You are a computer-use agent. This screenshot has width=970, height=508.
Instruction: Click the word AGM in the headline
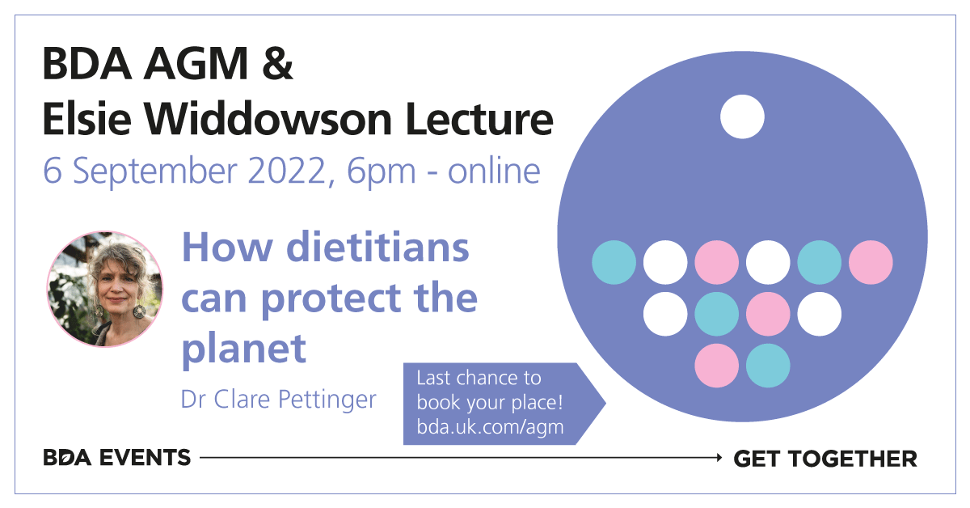pyautogui.click(x=196, y=64)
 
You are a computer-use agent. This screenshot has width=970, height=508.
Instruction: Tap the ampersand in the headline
pyautogui.click(x=277, y=64)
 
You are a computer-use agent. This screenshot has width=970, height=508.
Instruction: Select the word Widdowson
pyautogui.click(x=268, y=118)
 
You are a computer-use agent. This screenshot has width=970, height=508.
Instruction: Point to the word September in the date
pyautogui.click(x=155, y=171)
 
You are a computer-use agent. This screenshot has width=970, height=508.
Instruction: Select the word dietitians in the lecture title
pyautogui.click(x=377, y=247)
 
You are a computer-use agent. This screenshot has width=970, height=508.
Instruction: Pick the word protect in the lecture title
pyautogui.click(x=331, y=298)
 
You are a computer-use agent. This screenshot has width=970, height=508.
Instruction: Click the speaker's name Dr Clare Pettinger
pyautogui.click(x=278, y=400)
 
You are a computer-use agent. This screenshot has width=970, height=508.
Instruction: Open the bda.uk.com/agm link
pyautogui.click(x=490, y=427)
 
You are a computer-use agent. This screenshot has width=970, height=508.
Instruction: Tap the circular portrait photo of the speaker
pyautogui.click(x=105, y=289)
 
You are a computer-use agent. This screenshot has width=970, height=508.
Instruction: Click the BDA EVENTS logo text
pyautogui.click(x=117, y=458)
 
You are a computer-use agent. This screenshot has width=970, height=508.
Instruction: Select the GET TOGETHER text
pyautogui.click(x=825, y=459)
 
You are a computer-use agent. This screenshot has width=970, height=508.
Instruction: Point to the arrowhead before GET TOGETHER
pyautogui.click(x=719, y=457)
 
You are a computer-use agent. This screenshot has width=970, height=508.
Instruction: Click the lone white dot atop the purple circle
pyautogui.click(x=742, y=116)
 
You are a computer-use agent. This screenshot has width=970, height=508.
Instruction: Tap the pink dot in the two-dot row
pyautogui.click(x=717, y=366)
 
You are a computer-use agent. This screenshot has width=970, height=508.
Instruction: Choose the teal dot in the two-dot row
pyautogui.click(x=768, y=366)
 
